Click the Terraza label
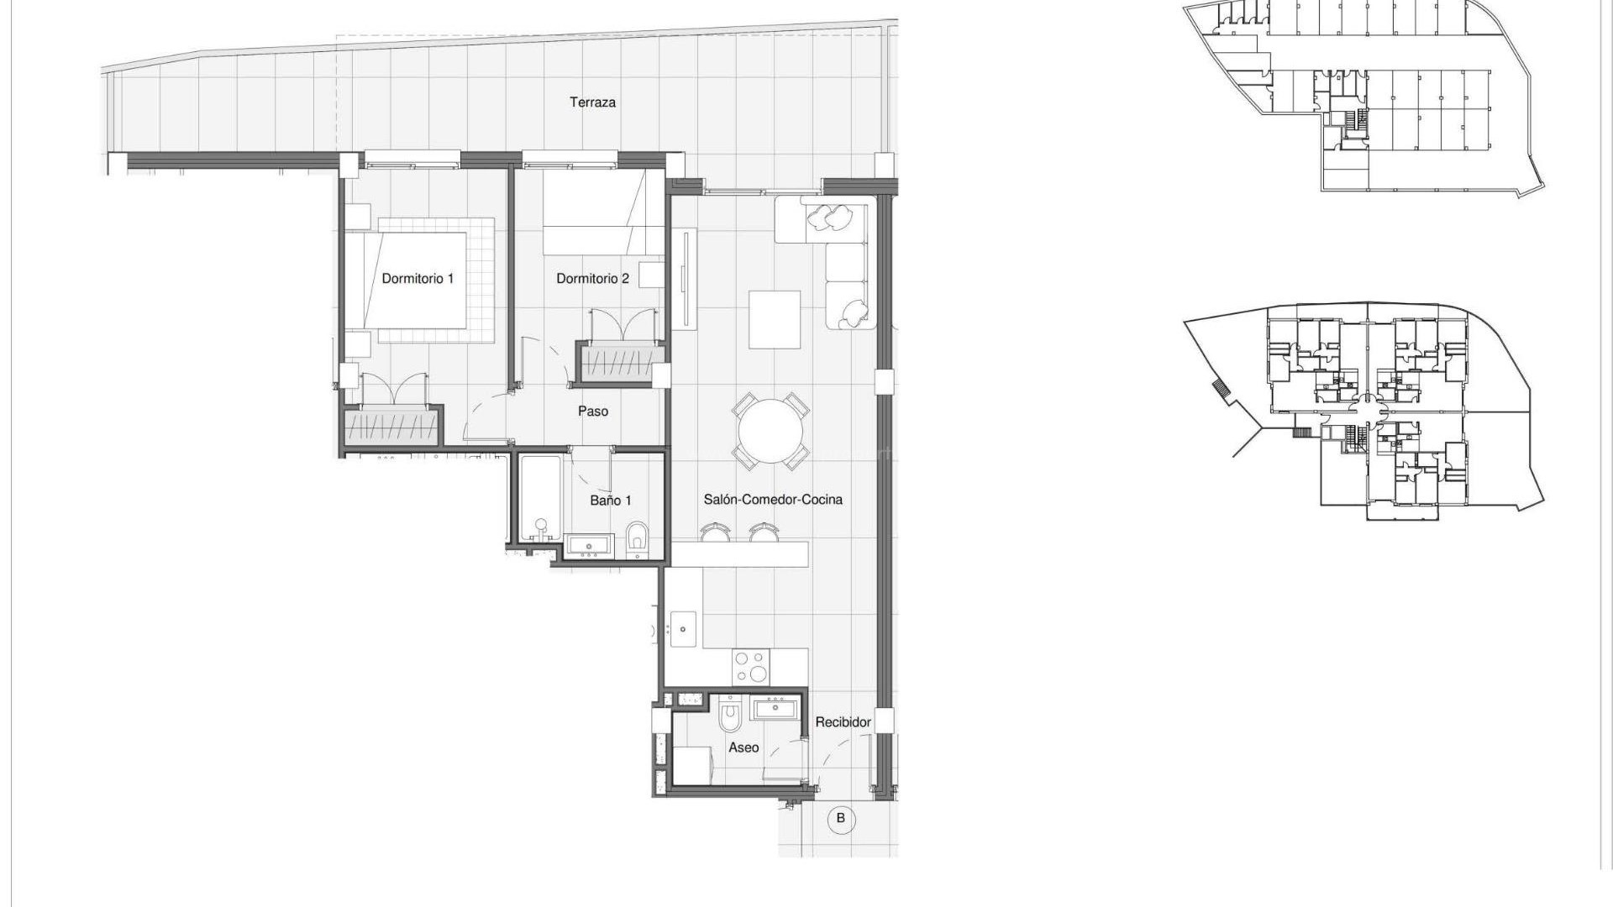(592, 102)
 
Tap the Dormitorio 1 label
(418, 279)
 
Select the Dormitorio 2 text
(592, 279)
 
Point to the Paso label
(592, 412)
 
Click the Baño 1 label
(610, 501)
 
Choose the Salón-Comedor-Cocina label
(773, 500)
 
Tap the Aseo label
(743, 747)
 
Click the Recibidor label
(843, 722)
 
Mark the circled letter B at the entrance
(841, 818)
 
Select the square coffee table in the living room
(775, 319)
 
